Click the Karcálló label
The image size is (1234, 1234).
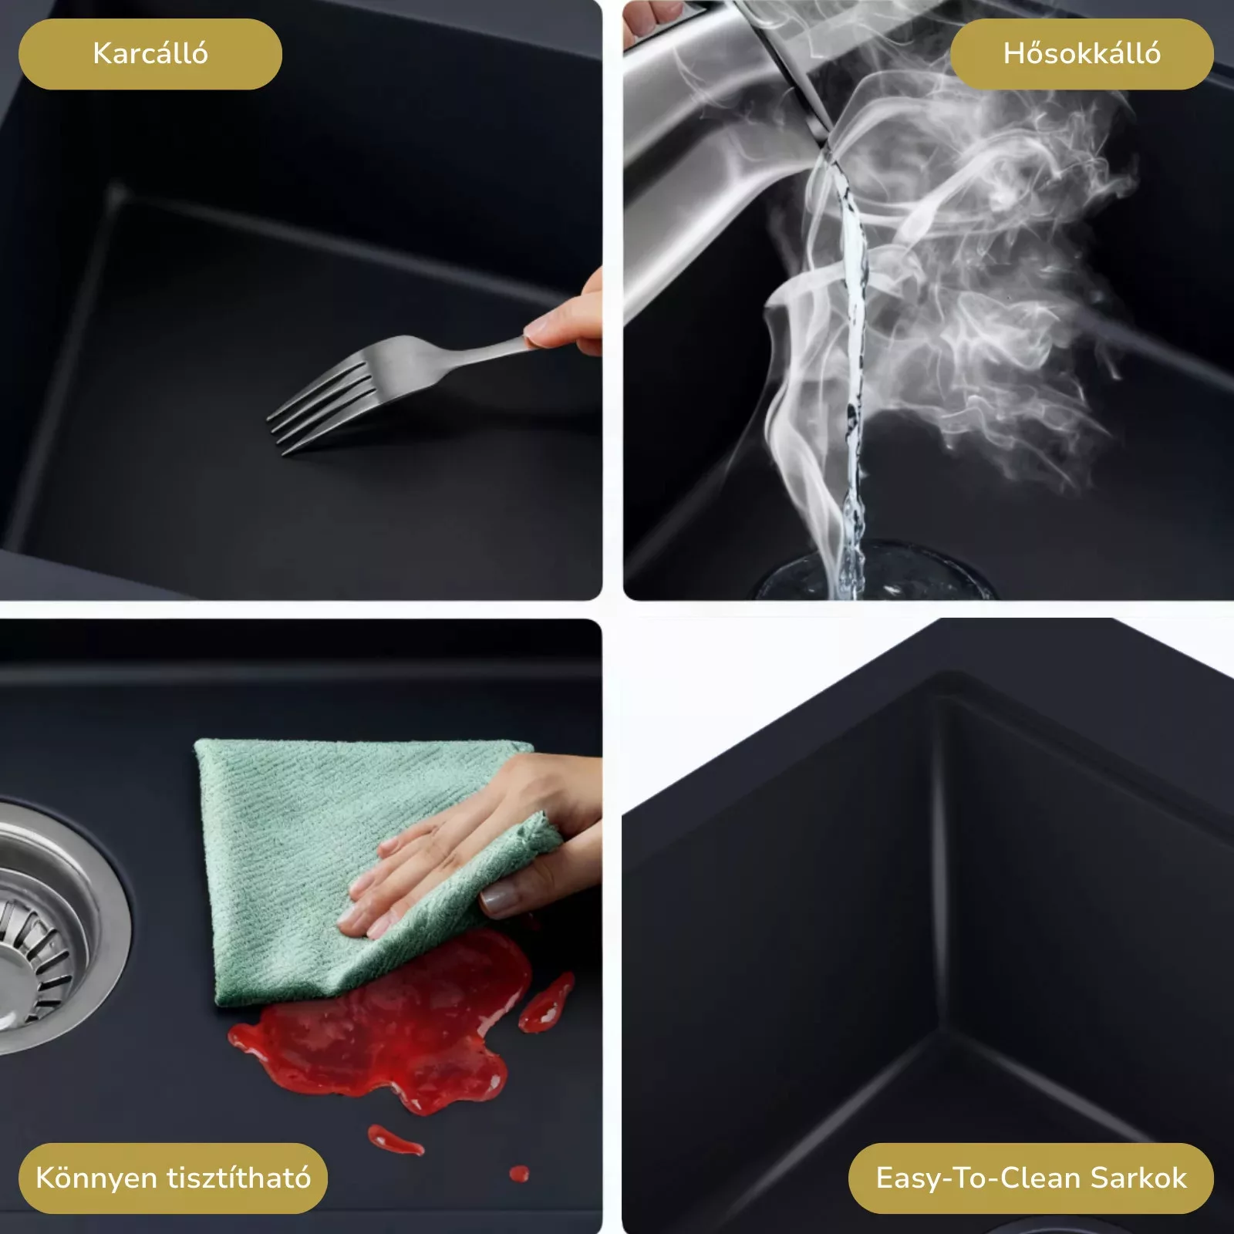coord(150,54)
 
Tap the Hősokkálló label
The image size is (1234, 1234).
coord(1081,54)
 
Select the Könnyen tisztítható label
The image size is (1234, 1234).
coord(173,1178)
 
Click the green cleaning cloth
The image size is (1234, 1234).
coord(362,833)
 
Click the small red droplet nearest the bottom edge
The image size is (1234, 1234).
coord(519,1195)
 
